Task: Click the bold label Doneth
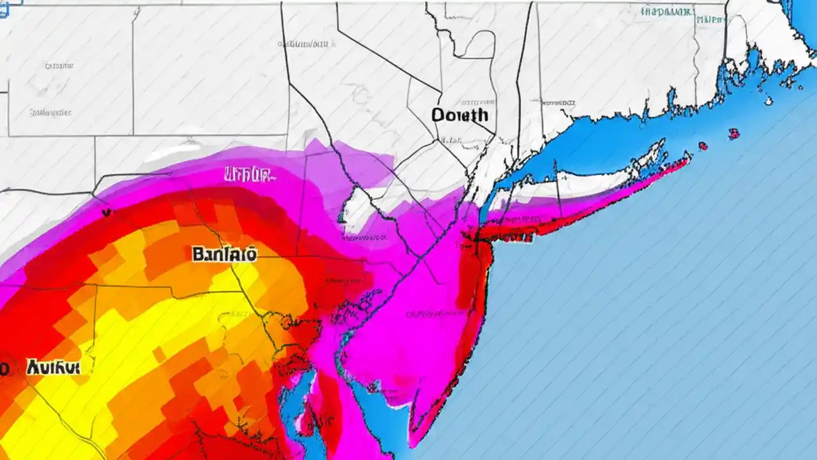click(460, 115)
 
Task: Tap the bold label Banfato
click(224, 254)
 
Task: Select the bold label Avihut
click(53, 367)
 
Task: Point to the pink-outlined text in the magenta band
click(248, 174)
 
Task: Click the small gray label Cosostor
click(59, 65)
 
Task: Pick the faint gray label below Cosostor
click(50, 112)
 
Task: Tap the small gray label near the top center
click(304, 44)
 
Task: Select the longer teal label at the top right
click(666, 11)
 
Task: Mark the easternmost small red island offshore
click(734, 134)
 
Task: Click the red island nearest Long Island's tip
click(703, 146)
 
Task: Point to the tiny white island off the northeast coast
click(769, 100)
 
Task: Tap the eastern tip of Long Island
click(688, 155)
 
